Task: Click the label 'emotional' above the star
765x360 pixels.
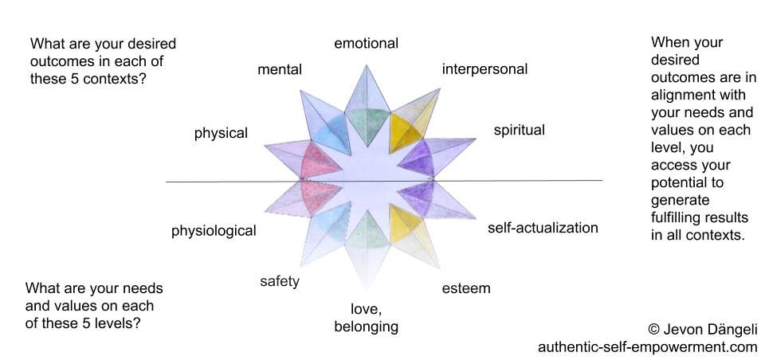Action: coord(366,44)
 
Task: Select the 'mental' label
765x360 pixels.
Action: coord(280,70)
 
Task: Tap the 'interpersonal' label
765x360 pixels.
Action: coord(484,69)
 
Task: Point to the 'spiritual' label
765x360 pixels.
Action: coord(519,130)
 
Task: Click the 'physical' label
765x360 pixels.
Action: coord(221,134)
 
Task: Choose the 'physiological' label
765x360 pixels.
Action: coord(214,232)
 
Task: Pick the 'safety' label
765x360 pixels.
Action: coord(280,281)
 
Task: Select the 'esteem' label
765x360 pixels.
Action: coord(466,288)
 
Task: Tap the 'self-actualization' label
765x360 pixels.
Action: coord(543,229)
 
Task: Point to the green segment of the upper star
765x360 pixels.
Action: coord(366,124)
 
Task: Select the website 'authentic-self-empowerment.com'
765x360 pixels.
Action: coord(647,348)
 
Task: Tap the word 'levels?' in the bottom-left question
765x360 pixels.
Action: coord(126,323)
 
